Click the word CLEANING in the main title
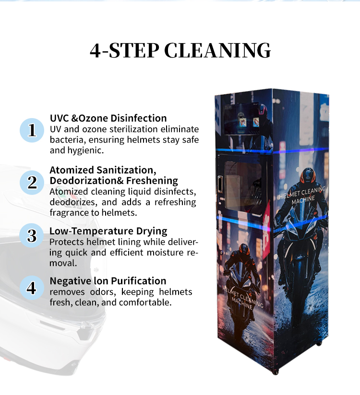point(217,50)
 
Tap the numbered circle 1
point(32,130)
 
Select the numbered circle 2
point(32,182)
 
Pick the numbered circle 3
point(32,236)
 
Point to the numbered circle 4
point(32,287)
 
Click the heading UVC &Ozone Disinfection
point(108,118)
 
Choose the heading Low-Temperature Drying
point(108,231)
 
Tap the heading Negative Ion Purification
point(108,281)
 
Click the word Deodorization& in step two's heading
point(87,180)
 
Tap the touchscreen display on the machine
point(241,119)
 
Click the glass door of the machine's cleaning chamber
point(243,185)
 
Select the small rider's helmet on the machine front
point(243,250)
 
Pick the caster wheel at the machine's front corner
point(276,372)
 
